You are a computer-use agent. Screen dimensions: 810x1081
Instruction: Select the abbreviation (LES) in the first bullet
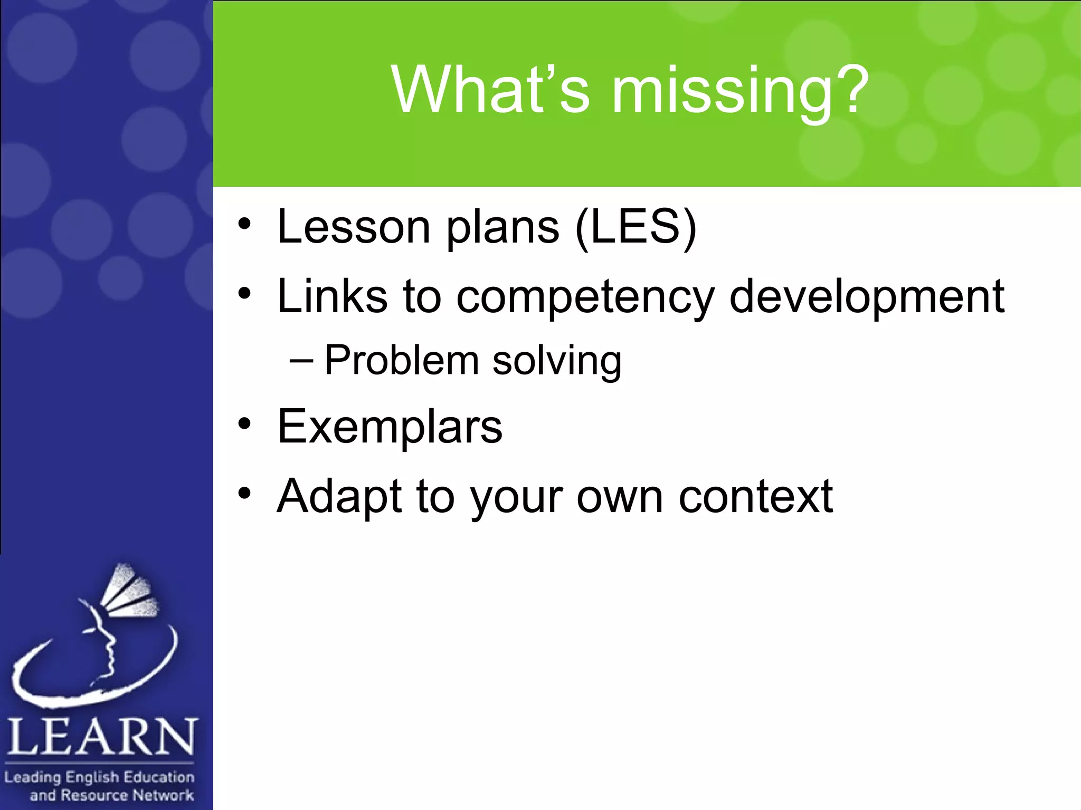coord(636,228)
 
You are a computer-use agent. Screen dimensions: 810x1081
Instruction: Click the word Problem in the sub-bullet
coord(401,361)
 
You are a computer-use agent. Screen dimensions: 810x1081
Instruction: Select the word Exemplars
coord(390,427)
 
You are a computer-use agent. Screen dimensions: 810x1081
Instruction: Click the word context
coord(755,497)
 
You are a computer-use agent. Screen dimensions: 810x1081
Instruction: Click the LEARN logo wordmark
coord(101,737)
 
